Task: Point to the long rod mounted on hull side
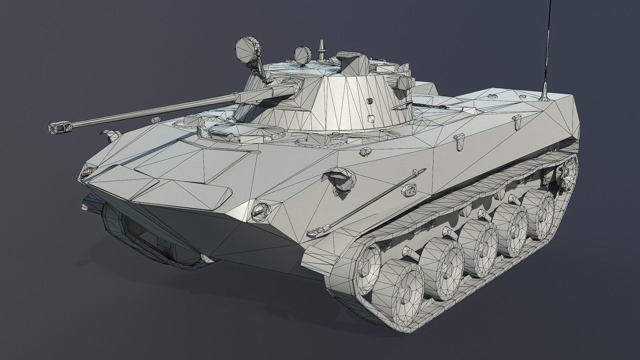pos(367,200)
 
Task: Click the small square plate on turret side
pos(371,119)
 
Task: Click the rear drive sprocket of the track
pos(567,173)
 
